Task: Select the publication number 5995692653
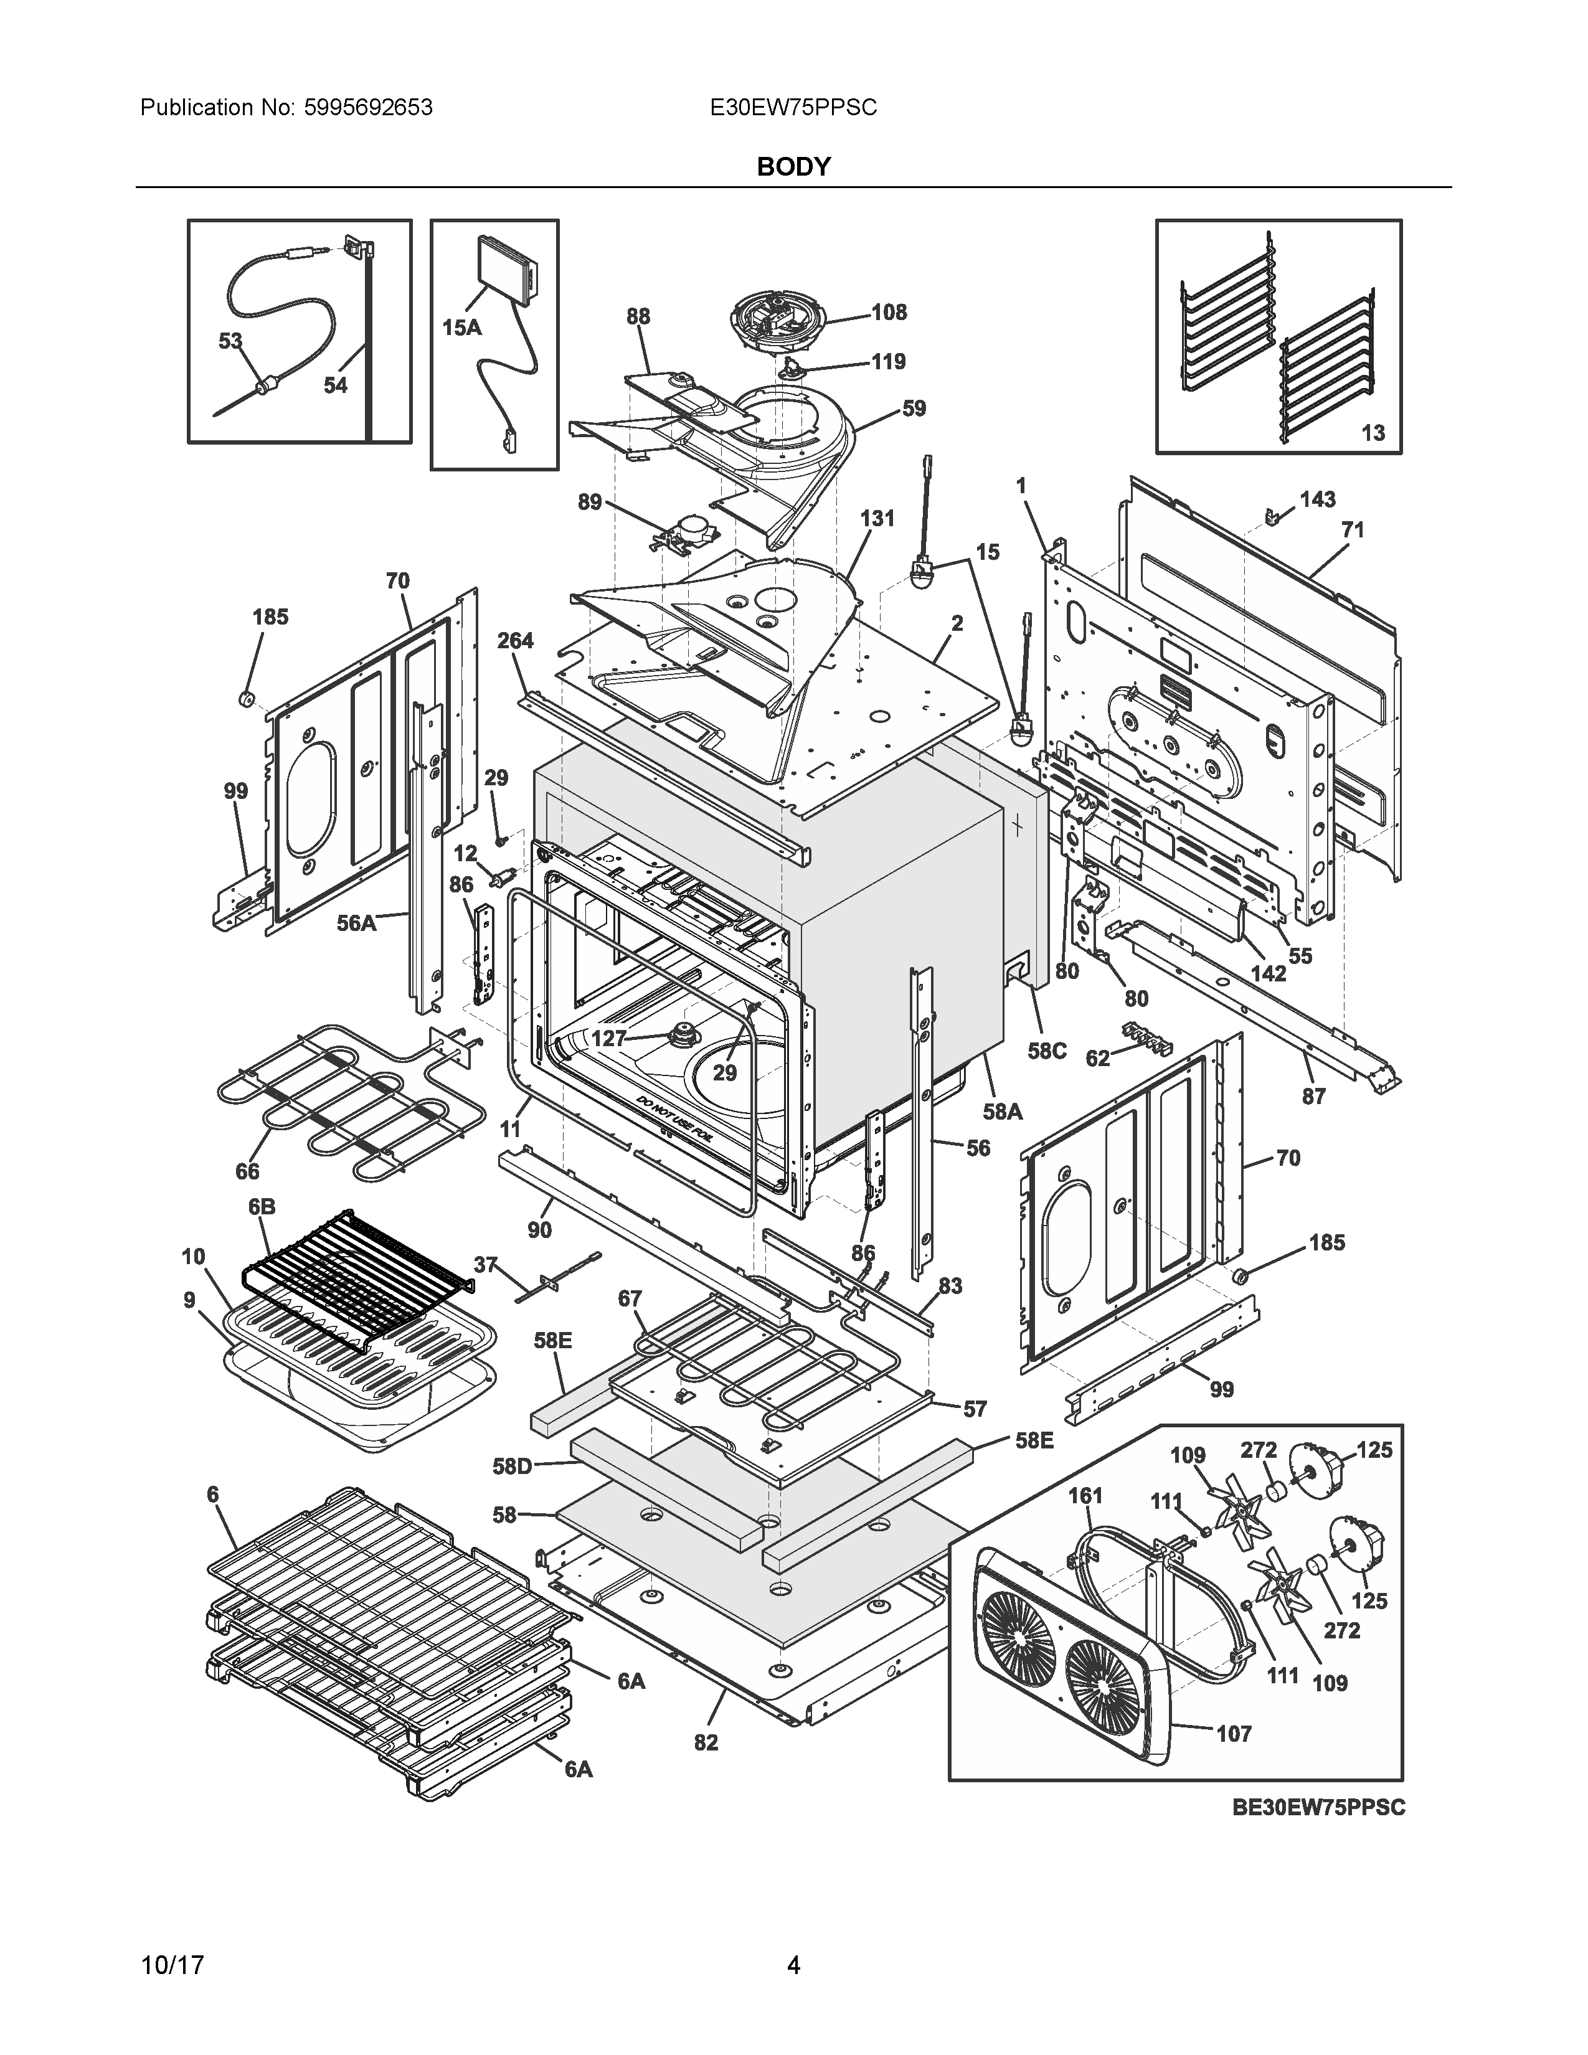(x=368, y=108)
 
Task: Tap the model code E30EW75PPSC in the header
(x=793, y=108)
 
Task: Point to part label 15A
(x=461, y=328)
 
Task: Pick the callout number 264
(x=514, y=641)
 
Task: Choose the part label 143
(x=1317, y=499)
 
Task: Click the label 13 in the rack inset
(x=1373, y=433)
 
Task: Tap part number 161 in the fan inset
(x=1085, y=1495)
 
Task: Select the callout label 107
(x=1233, y=1733)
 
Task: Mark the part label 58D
(x=513, y=1466)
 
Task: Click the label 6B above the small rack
(x=262, y=1206)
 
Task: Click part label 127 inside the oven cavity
(x=608, y=1039)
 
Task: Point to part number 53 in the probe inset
(x=230, y=341)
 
